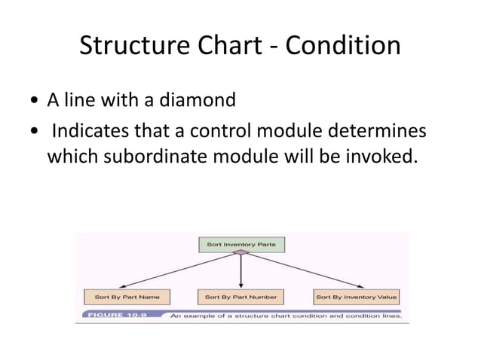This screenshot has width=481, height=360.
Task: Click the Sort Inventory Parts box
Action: [241, 245]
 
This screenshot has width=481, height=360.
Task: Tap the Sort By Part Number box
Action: [241, 297]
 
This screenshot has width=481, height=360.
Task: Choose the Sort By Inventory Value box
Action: [357, 297]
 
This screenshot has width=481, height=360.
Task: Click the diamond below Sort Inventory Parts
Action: [240, 255]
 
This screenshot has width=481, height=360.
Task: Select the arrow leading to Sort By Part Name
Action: [181, 272]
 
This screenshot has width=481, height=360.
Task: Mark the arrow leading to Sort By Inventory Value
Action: [302, 272]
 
